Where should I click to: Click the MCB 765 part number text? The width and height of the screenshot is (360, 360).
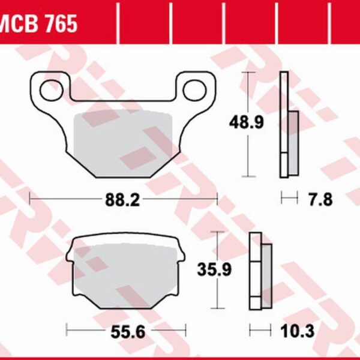tap(39, 24)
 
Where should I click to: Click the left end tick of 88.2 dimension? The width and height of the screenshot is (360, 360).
tap(30, 197)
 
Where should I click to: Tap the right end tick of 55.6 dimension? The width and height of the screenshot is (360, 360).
tap(187, 329)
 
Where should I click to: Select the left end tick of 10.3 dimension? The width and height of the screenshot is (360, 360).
tap(251, 329)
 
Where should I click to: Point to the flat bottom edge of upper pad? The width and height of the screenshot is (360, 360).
tap(122, 177)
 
